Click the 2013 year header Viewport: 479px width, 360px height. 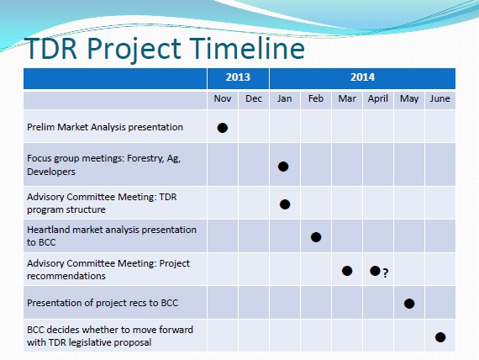tap(238, 77)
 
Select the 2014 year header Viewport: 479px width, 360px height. tap(362, 77)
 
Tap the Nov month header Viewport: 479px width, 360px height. tap(223, 98)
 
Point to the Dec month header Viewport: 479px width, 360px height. tap(254, 98)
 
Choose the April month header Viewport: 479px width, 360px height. tap(378, 98)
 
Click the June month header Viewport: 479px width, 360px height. tap(440, 98)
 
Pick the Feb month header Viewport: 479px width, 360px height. tap(316, 98)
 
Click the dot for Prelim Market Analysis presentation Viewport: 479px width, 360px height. tap(223, 128)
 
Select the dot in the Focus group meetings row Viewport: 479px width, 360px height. tap(283, 167)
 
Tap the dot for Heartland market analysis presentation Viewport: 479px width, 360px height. tap(316, 237)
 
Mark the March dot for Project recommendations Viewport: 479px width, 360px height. tap(347, 271)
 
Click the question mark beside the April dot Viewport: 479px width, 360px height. tap(386, 273)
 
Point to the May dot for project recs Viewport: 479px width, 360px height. tap(409, 304)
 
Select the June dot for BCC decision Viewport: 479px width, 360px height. tap(440, 337)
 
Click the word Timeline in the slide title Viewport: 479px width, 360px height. tap(249, 48)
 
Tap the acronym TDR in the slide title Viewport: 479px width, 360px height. tap(50, 48)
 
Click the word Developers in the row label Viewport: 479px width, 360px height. tap(51, 172)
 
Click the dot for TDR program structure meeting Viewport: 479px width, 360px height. tap(285, 204)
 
